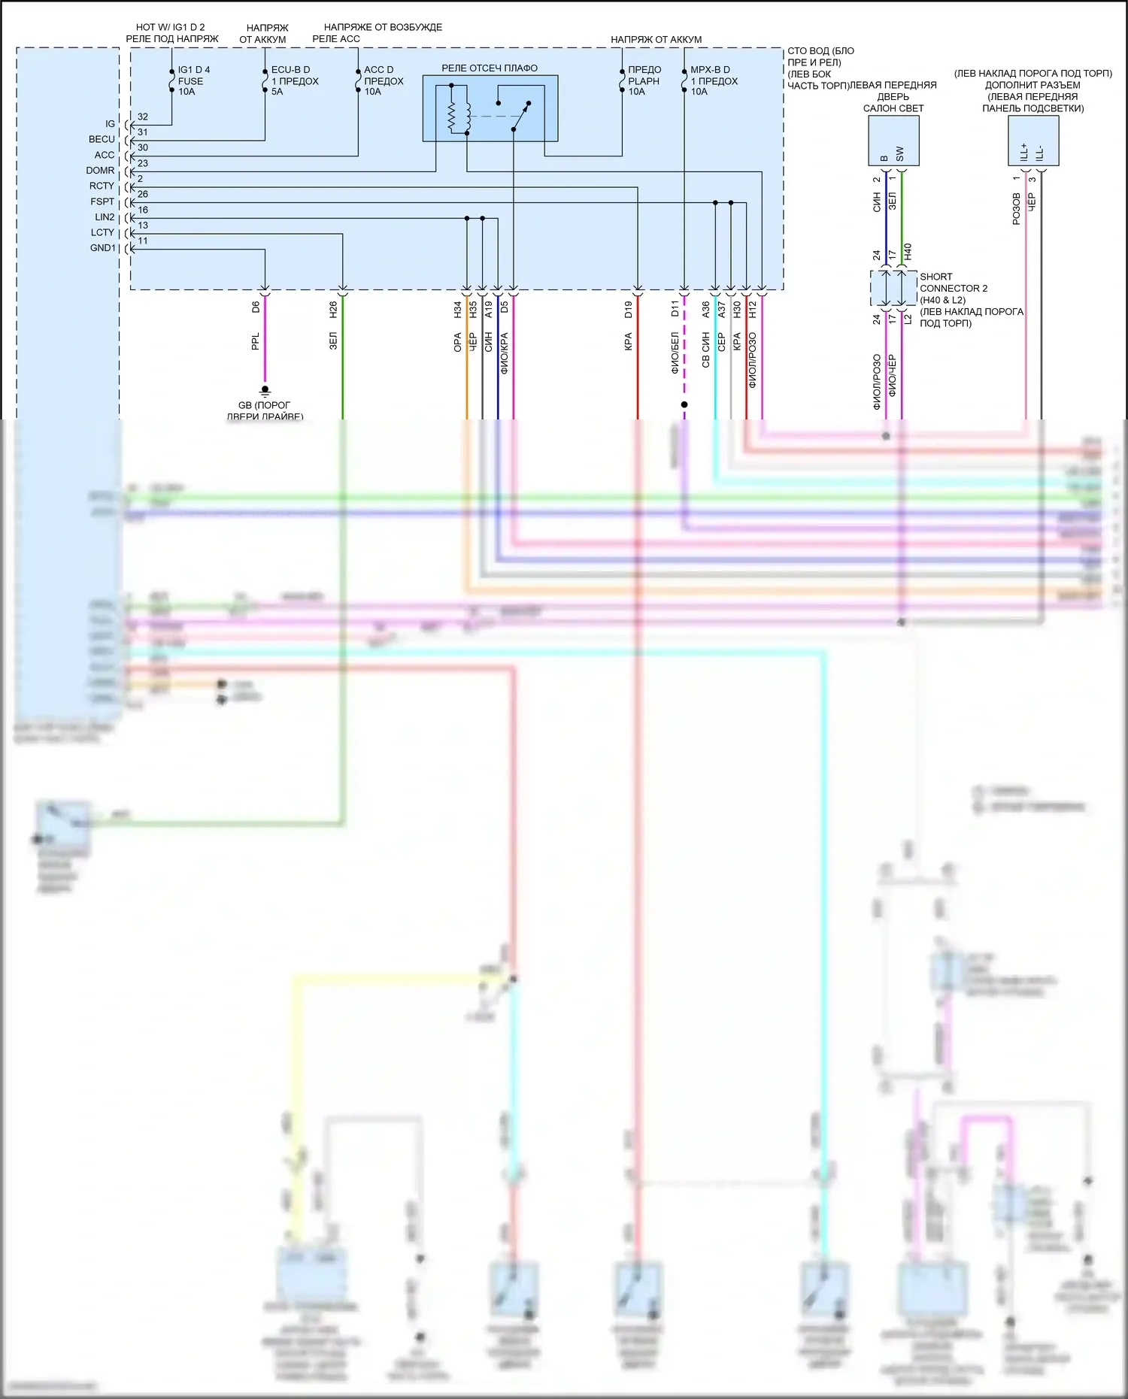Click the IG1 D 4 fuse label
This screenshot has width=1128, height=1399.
coord(193,70)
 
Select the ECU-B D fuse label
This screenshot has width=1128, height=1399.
coord(290,70)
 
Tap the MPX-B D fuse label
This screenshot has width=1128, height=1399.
coord(710,70)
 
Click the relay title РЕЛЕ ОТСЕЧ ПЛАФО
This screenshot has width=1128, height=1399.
coord(490,68)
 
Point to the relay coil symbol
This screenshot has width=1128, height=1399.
coord(452,116)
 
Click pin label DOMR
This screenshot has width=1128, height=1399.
coord(100,171)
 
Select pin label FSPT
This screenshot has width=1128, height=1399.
coord(102,201)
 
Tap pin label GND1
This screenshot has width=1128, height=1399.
coord(103,248)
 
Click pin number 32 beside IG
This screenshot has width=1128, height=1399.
coord(143,117)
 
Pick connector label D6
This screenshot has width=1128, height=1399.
coord(256,307)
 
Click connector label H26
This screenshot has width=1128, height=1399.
coord(333,308)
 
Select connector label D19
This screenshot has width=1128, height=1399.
coord(628,309)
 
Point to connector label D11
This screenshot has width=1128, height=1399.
coord(675,308)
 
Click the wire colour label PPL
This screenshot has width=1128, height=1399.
coord(256,341)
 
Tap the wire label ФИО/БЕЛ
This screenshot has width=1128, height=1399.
coord(675,353)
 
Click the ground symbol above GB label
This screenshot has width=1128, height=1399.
coord(265,391)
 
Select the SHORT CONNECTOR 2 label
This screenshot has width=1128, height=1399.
coord(953,283)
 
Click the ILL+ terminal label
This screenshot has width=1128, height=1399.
coord(1024,152)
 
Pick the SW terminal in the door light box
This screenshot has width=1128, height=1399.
coord(900,154)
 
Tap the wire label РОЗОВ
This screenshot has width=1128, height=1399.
coord(1016,209)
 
